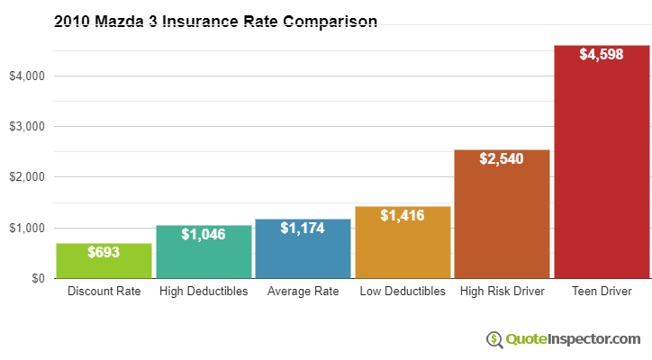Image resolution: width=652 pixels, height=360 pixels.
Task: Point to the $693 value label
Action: [104, 253]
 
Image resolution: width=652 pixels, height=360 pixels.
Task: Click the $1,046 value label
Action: [204, 234]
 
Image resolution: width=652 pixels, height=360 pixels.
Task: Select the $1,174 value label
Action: [303, 229]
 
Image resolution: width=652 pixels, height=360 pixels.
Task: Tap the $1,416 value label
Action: [403, 216]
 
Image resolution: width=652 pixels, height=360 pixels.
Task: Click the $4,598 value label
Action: [602, 55]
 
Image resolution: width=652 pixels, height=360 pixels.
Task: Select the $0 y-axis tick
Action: [38, 278]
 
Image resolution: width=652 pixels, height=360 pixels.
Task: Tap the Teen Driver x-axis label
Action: [602, 292]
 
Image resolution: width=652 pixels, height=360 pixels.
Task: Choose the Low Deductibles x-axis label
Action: [403, 292]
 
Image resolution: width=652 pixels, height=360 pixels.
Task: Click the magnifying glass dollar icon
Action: [494, 338]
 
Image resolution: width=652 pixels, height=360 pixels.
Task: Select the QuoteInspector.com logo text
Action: [573, 338]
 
